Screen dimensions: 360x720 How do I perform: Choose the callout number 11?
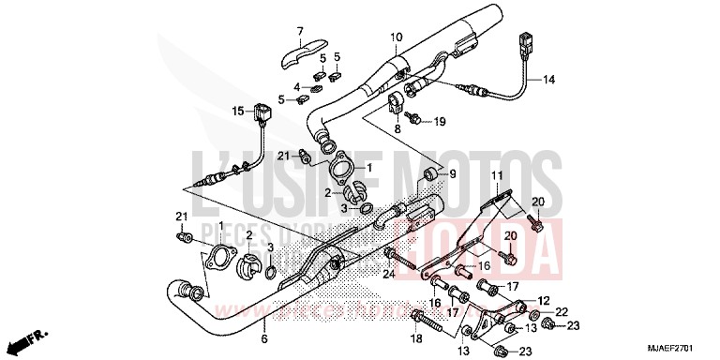point(496,176)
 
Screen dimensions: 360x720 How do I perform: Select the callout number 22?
point(562,311)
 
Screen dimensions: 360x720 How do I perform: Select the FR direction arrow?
point(35,334)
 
